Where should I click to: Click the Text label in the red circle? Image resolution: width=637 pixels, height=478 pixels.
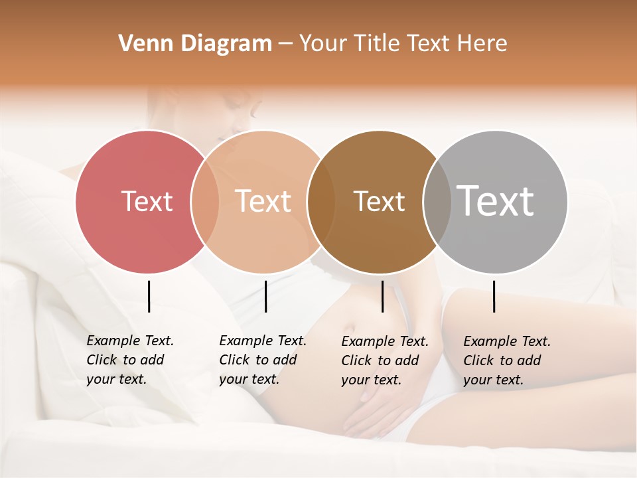(147, 201)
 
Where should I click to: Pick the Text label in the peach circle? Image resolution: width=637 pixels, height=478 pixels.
(263, 201)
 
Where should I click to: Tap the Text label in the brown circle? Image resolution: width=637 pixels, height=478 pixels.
(379, 202)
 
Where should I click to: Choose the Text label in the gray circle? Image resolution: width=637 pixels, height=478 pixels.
(496, 200)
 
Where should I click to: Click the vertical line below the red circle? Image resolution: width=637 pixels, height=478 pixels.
(149, 296)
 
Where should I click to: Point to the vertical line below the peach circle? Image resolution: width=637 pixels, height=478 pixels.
(265, 296)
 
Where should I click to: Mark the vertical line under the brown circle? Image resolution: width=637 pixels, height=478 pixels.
(382, 296)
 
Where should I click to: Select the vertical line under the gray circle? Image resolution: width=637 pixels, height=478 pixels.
(494, 296)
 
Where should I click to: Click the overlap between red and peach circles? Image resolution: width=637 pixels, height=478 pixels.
(205, 202)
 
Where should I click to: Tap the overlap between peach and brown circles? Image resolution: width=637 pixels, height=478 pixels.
(320, 202)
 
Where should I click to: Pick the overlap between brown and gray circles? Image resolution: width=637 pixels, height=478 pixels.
(436, 202)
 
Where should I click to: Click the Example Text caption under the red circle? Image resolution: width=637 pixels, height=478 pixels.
(129, 360)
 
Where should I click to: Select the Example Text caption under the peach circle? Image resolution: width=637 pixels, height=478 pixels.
(262, 360)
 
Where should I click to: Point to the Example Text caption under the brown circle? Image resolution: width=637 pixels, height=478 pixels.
(384, 360)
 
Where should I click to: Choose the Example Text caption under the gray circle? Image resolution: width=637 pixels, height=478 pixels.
(506, 360)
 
